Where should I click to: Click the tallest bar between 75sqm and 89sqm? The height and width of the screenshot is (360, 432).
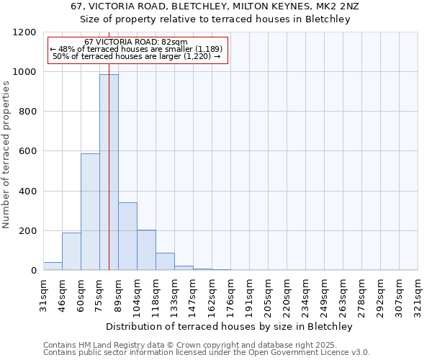pyautogui.click(x=109, y=173)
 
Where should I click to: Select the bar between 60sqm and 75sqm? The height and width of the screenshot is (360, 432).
pyautogui.click(x=90, y=212)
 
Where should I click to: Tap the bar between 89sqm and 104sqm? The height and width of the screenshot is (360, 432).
pyautogui.click(x=127, y=237)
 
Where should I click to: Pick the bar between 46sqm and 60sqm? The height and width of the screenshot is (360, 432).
pyautogui.click(x=71, y=252)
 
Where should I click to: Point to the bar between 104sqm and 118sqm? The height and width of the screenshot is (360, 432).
pyautogui.click(x=146, y=251)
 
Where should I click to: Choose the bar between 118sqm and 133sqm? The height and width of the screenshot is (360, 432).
pyautogui.click(x=165, y=262)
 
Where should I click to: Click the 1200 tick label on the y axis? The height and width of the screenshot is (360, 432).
pyautogui.click(x=24, y=32)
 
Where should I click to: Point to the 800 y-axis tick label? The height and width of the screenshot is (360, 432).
pyautogui.click(x=27, y=112)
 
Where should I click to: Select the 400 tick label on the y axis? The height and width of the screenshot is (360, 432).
pyautogui.click(x=27, y=192)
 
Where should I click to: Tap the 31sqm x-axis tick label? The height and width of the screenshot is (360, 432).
pyautogui.click(x=43, y=292)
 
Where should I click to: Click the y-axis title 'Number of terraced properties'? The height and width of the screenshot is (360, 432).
pyautogui.click(x=6, y=155)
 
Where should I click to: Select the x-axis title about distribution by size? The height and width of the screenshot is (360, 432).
pyautogui.click(x=230, y=326)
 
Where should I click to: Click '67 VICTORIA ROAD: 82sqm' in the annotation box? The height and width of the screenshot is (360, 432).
pyautogui.click(x=135, y=42)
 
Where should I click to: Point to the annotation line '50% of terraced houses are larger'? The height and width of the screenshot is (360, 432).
pyautogui.click(x=136, y=56)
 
